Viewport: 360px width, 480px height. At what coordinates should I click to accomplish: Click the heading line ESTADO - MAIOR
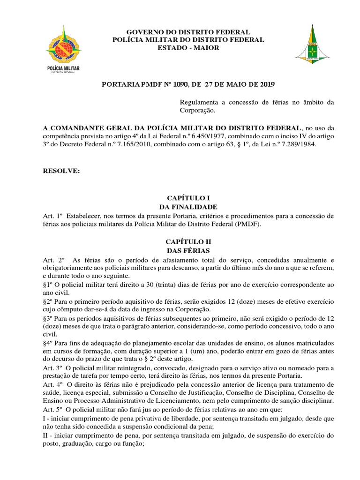pyautogui.click(x=188, y=48)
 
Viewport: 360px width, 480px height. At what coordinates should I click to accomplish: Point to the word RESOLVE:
pyautogui.click(x=61, y=171)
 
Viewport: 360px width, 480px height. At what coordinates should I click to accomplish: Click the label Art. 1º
pyautogui.click(x=52, y=216)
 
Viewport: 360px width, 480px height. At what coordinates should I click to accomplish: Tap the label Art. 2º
pyautogui.click(x=52, y=260)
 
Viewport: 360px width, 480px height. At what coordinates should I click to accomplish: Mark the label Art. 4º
pyautogui.click(x=52, y=383)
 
